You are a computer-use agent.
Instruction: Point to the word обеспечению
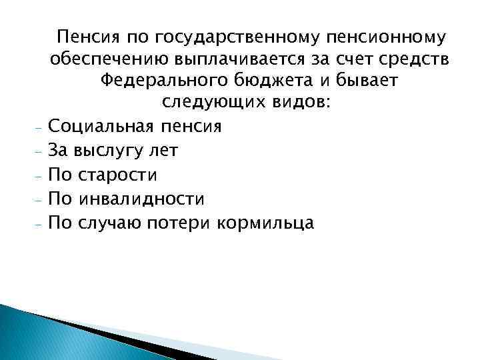pos(113,59)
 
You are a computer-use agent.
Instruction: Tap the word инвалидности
pos(141,199)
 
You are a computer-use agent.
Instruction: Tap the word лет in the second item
pos(163,151)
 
